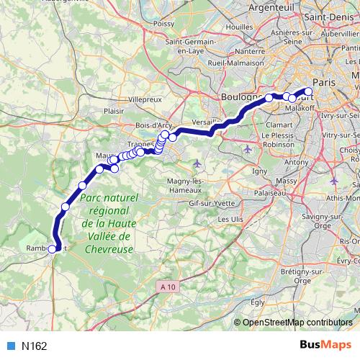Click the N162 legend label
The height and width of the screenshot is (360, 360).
[34, 346]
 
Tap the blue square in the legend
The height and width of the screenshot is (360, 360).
[11, 346]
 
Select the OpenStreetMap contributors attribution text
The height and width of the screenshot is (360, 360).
[297, 323]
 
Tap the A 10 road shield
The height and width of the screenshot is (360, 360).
[167, 287]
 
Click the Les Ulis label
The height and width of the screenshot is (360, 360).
[230, 218]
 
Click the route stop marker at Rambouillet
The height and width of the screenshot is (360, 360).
[52, 249]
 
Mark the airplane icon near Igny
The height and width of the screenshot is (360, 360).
[248, 149]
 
